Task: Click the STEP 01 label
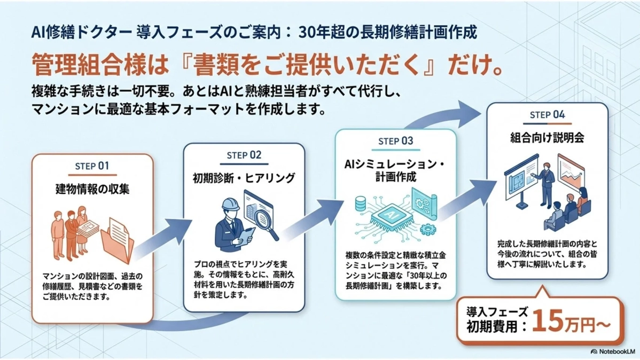(92, 166)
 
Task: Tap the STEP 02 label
(244, 155)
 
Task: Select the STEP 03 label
(395, 141)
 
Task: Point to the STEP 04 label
(547, 115)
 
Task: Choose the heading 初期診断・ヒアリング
(244, 178)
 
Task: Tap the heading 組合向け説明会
(547, 137)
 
